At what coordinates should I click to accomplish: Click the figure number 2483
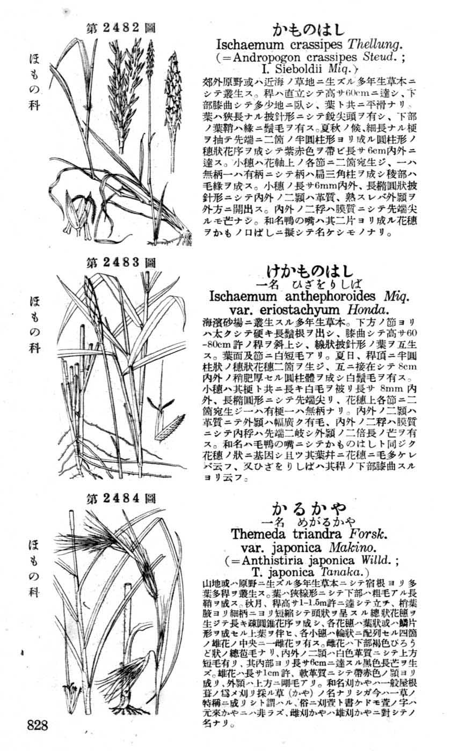tap(121, 262)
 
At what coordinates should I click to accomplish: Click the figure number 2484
tap(121, 498)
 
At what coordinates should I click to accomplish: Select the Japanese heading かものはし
tap(308, 29)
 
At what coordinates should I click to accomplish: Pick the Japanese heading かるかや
tap(309, 507)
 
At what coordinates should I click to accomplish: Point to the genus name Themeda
tap(260, 534)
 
